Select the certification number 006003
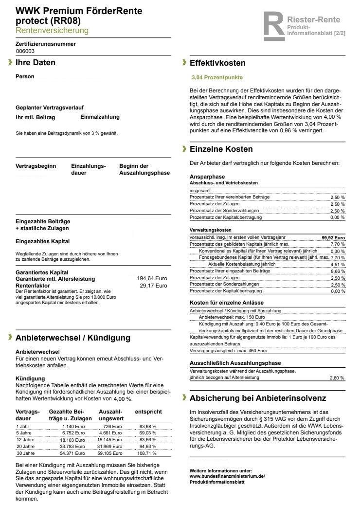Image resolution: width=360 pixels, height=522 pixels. coord(25,51)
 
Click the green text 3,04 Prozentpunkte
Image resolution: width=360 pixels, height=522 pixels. coord(217,77)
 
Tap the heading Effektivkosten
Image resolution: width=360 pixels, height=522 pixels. coord(217,63)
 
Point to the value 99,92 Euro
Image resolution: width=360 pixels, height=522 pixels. coord(333,237)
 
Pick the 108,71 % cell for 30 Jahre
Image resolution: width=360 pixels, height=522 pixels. coord(148,453)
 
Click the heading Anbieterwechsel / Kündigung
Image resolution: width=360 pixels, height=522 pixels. coord(73,338)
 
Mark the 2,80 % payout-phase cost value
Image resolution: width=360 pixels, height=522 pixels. coord(337,378)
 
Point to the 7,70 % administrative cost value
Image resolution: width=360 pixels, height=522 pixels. coord(338,244)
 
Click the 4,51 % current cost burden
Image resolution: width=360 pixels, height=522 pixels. coord(338,264)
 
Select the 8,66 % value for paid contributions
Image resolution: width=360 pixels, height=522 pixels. coord(338,270)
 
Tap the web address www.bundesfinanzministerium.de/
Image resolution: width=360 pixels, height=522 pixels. coord(227,476)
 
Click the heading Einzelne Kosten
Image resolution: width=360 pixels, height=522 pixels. coord(221,149)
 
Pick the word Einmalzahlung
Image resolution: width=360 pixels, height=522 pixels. coord(100,117)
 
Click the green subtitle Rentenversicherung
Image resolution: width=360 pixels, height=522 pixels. coord(52,31)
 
